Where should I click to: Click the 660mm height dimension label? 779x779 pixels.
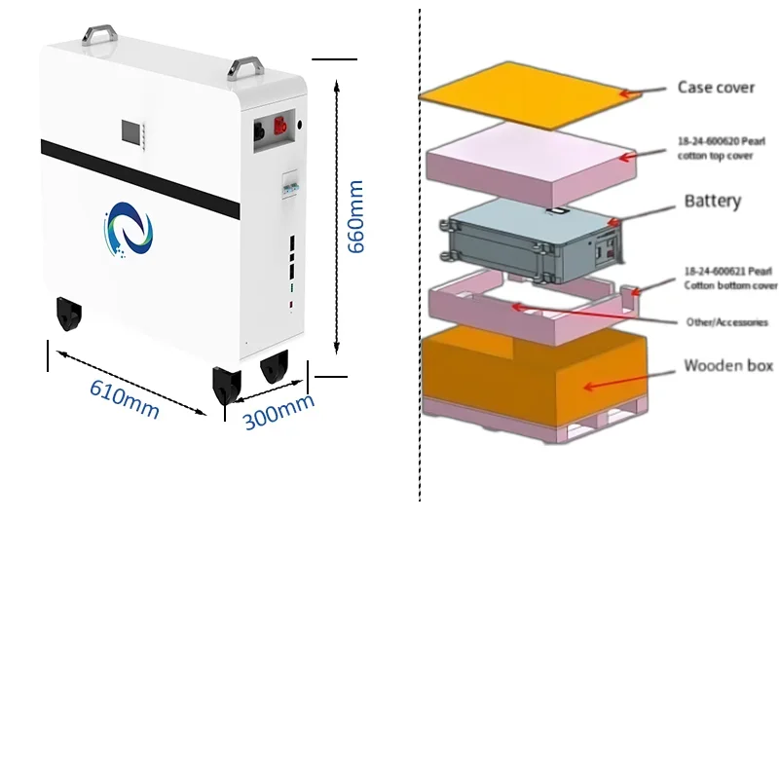tap(356, 217)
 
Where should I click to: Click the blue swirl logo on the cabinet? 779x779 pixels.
tap(128, 233)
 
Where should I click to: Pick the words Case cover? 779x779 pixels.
tap(716, 88)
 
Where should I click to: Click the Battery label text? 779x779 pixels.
tap(712, 202)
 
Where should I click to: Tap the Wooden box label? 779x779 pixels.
tap(727, 366)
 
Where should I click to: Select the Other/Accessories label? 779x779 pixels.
tap(725, 322)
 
